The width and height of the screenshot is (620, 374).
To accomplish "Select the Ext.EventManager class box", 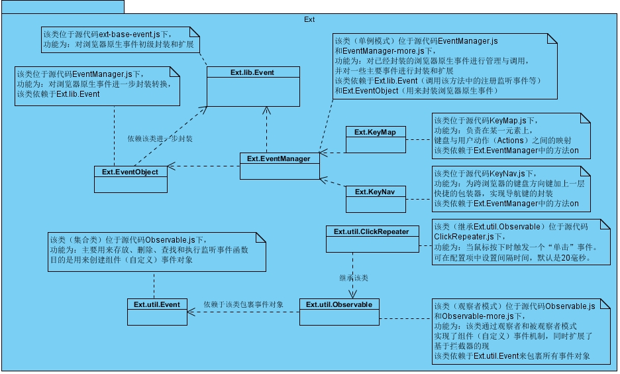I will coord(279,166).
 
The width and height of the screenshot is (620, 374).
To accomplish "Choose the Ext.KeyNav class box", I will coord(375,199).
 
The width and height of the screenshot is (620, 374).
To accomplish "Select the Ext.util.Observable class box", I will coord(339,312).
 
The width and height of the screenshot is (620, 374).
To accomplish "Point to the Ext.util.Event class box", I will coord(156,312).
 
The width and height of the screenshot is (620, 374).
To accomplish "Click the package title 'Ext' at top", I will coord(309,19).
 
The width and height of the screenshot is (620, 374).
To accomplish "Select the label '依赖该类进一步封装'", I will coord(160,139).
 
